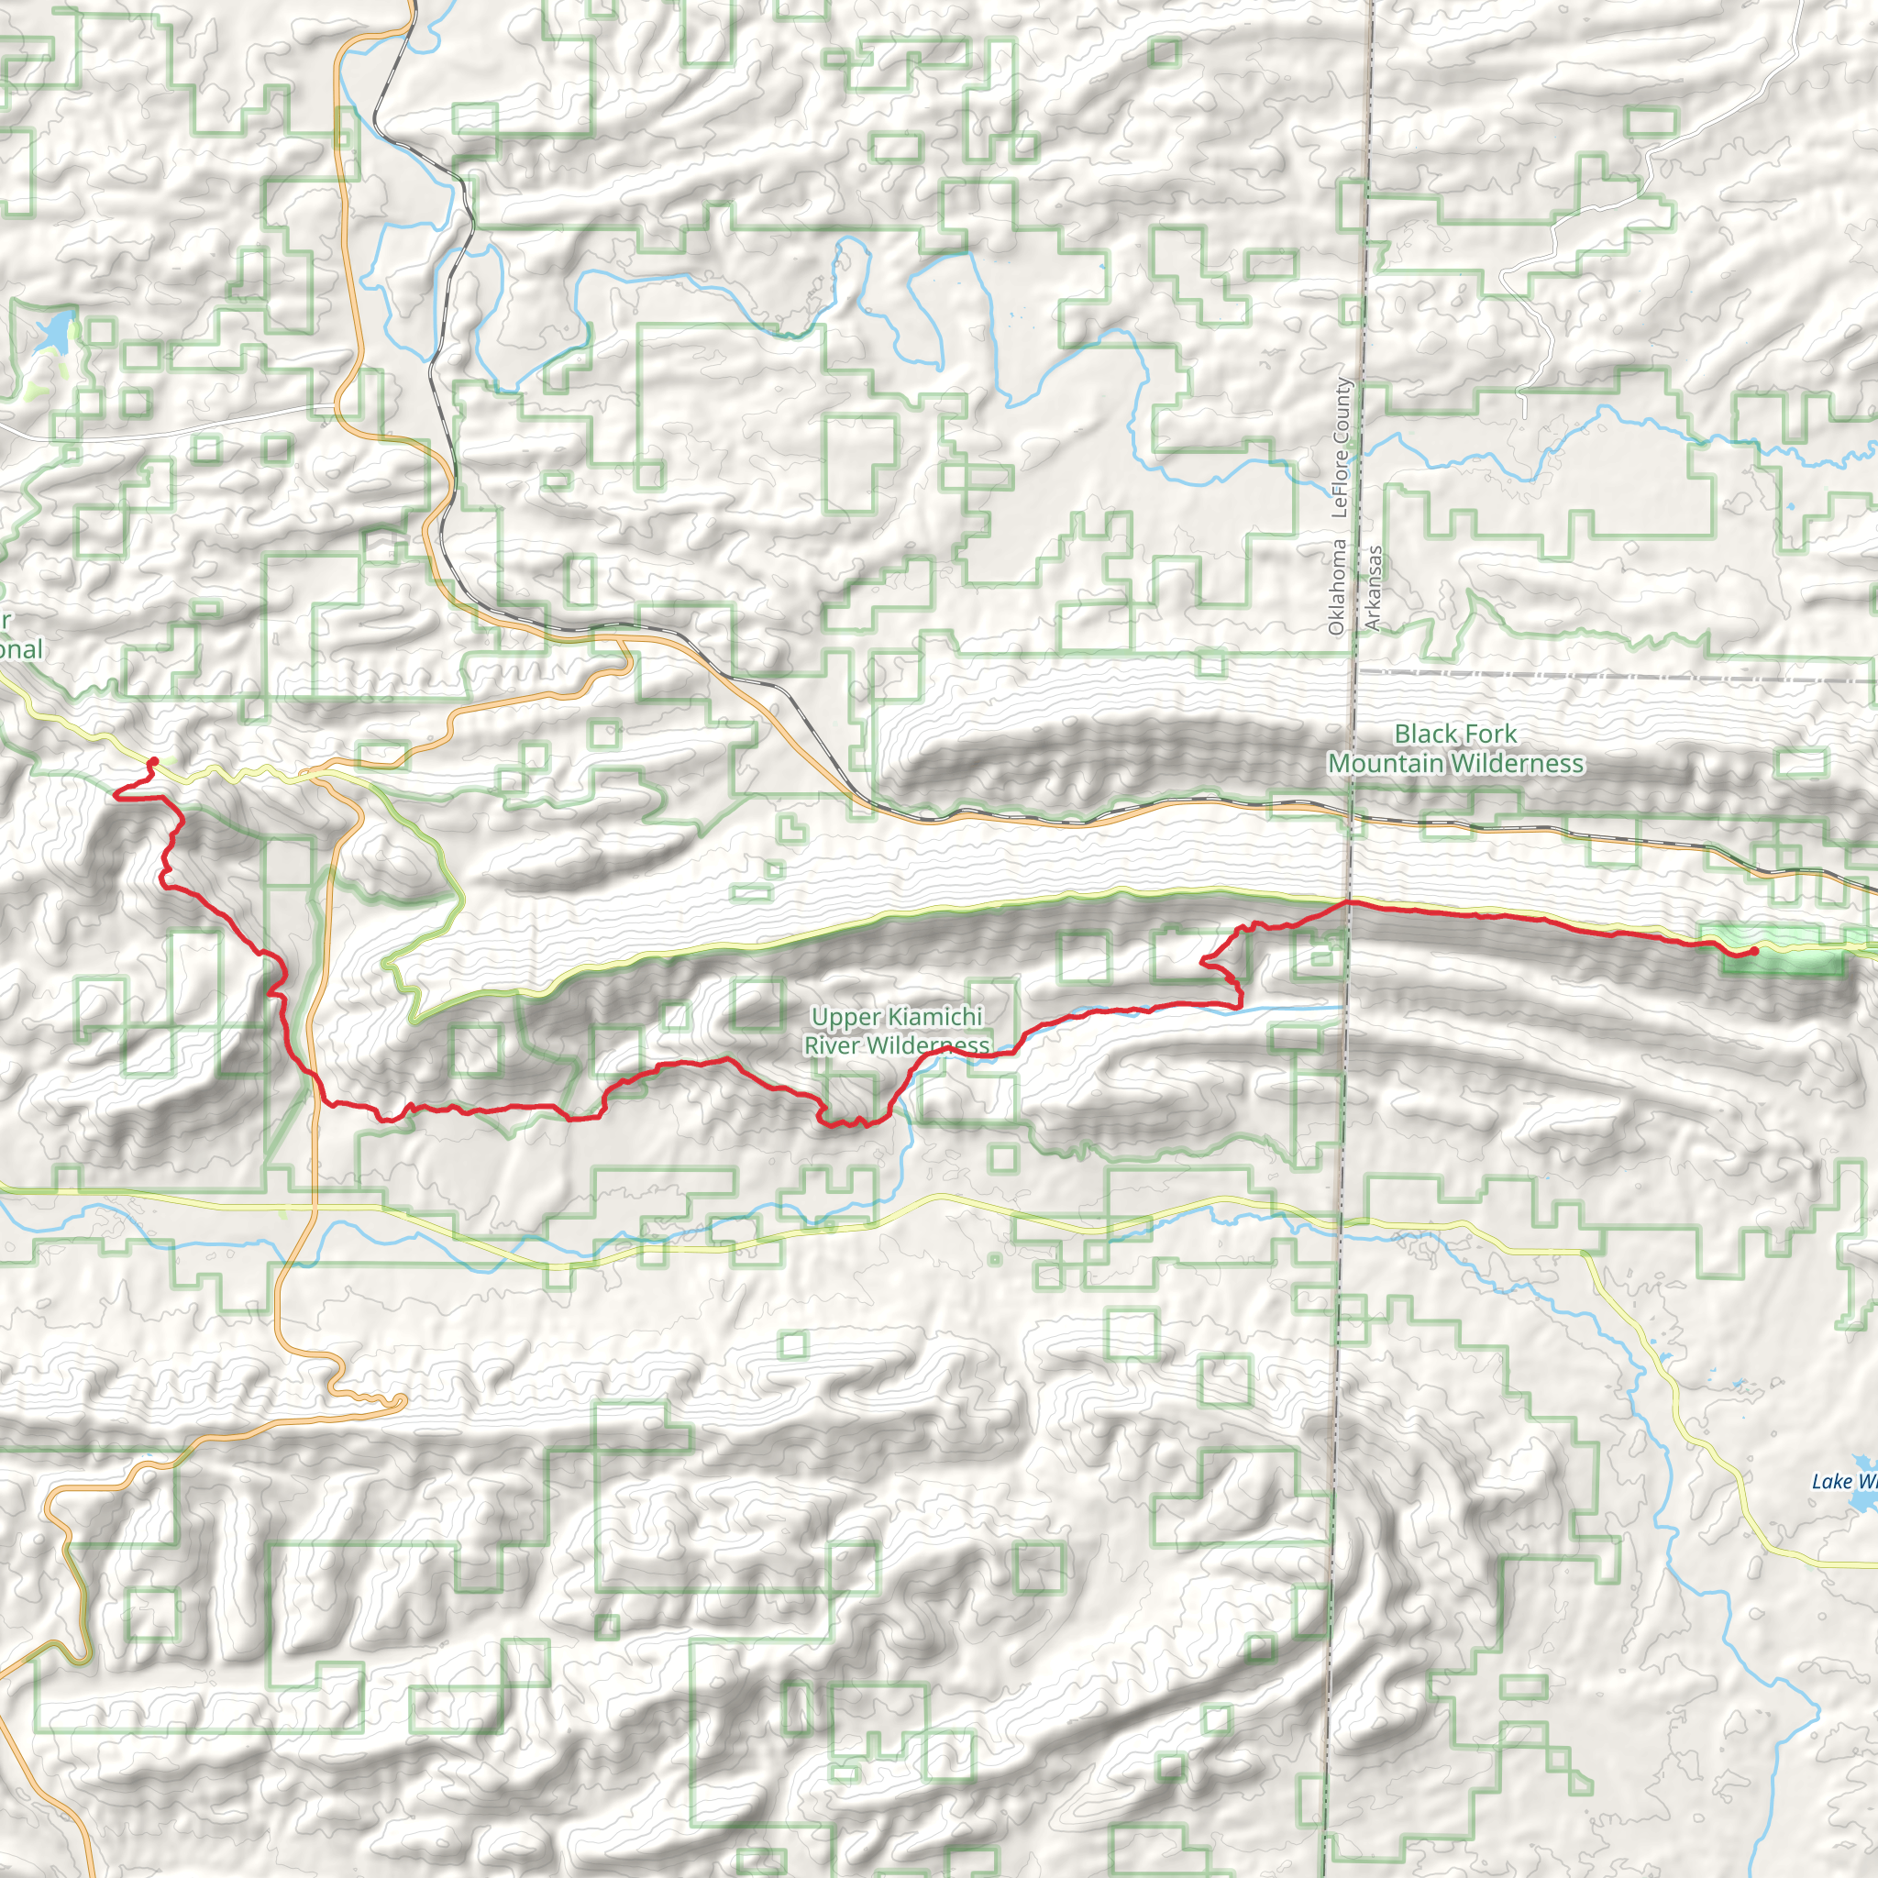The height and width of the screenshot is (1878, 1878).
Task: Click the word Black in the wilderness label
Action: point(1421,734)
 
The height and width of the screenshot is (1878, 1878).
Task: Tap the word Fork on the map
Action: point(1484,734)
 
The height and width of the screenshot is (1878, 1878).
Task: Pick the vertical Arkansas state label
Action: point(1373,588)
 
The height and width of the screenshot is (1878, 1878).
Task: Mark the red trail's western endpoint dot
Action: point(153,761)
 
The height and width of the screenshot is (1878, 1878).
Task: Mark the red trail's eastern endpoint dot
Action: point(1753,951)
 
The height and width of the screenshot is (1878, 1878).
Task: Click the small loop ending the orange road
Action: point(400,1401)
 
